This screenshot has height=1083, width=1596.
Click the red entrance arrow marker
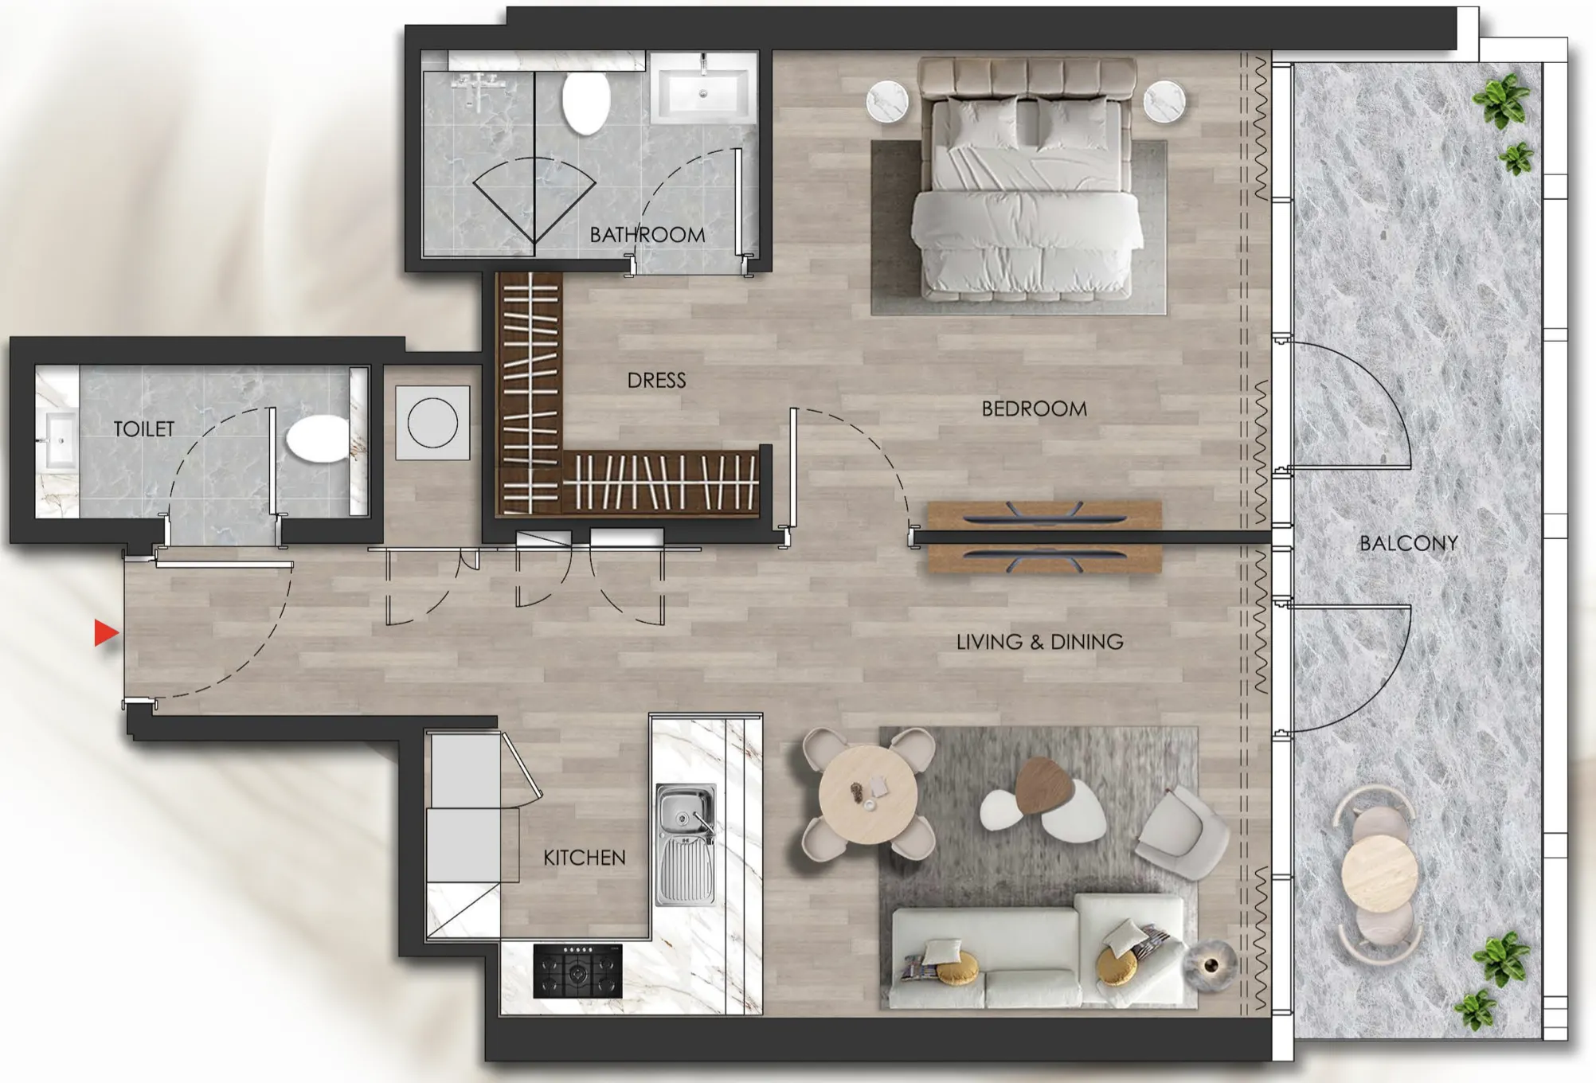[106, 633]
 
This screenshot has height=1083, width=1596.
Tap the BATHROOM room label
[647, 235]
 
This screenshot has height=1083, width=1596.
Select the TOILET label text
[143, 429]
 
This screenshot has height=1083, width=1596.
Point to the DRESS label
[656, 381]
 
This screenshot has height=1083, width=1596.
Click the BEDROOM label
[1034, 409]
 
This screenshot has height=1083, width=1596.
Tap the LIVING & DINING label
[1039, 642]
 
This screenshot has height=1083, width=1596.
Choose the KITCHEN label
[584, 858]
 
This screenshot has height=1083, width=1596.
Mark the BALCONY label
[1408, 544]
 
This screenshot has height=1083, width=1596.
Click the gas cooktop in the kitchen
[577, 971]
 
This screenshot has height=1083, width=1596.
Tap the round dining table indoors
[867, 795]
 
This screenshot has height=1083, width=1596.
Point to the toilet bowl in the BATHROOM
[585, 104]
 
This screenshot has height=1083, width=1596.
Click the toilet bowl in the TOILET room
[316, 440]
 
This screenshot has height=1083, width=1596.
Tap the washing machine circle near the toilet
[432, 423]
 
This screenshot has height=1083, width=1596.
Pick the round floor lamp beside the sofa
[1210, 966]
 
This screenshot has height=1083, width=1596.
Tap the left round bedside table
[887, 102]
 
